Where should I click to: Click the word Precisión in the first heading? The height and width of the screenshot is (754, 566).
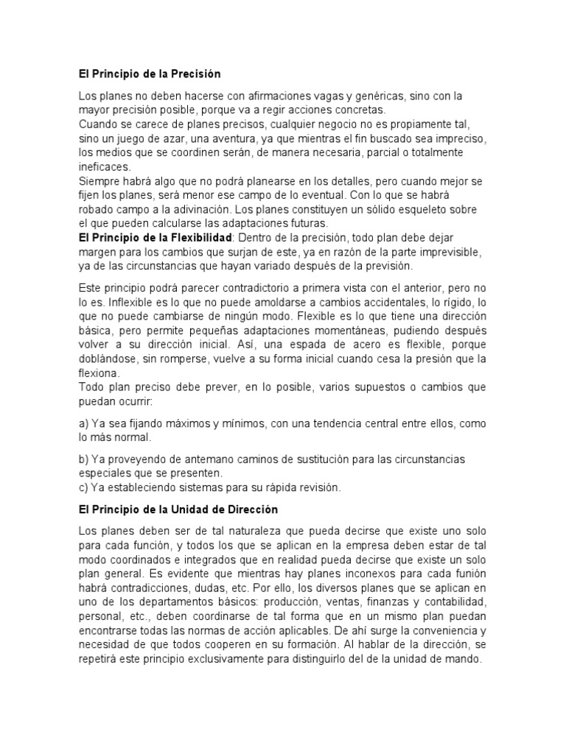195,74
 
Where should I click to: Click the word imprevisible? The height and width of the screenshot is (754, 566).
449,252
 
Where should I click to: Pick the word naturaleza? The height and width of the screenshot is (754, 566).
236,531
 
